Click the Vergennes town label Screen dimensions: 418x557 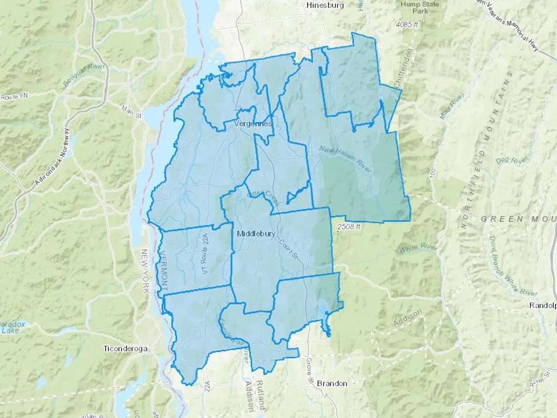[253, 124]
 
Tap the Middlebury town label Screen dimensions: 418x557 [256, 234]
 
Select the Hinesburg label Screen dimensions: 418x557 [325, 5]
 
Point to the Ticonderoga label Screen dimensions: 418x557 [125, 349]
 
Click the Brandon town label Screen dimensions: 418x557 [332, 384]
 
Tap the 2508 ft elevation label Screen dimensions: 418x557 [349, 227]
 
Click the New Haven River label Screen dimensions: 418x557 [345, 159]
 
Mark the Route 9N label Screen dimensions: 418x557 [14, 97]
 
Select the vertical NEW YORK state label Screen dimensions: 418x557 [146, 271]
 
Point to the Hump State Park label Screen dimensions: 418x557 [420, 8]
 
